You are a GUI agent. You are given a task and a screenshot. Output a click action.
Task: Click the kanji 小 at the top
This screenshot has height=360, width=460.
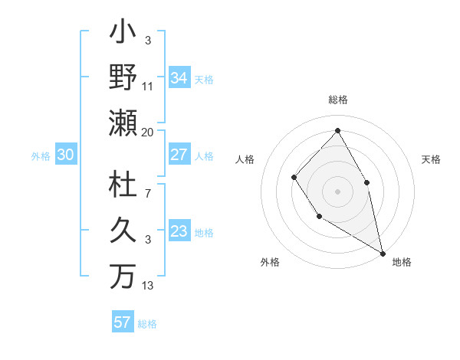pos(123,35)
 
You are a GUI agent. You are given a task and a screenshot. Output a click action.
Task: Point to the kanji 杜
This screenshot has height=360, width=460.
pos(123,186)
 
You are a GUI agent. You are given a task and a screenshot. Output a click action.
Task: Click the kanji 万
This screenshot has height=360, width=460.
pos(123,276)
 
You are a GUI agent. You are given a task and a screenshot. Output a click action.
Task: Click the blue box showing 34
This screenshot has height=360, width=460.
pos(179,77)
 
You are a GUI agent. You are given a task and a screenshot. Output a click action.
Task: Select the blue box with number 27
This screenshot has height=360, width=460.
pos(179,154)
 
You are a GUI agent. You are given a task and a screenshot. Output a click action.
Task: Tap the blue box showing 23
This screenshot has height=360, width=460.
pos(179,231)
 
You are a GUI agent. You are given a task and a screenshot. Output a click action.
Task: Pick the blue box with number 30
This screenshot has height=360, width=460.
pos(65,155)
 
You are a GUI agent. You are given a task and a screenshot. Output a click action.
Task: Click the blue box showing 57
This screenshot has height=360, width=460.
pos(122,322)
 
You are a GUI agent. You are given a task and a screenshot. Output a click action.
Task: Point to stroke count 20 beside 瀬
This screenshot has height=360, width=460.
pos(148,133)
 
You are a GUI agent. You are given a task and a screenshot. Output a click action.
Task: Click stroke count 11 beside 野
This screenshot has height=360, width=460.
pos(148,87)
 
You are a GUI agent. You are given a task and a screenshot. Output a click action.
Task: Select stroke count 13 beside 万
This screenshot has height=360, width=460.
pos(148,286)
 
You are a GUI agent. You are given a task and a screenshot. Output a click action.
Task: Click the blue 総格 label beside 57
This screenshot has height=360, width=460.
pos(147,323)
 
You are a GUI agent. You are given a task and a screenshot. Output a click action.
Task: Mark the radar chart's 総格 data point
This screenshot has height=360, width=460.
pos(337,129)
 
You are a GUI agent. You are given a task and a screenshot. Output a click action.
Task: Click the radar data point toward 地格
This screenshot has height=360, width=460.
pos(383,253)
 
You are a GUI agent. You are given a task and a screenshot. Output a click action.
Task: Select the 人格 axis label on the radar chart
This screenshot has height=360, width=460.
pos(245,159)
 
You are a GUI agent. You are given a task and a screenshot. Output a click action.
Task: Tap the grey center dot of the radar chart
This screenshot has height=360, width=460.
pos(337,191)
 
